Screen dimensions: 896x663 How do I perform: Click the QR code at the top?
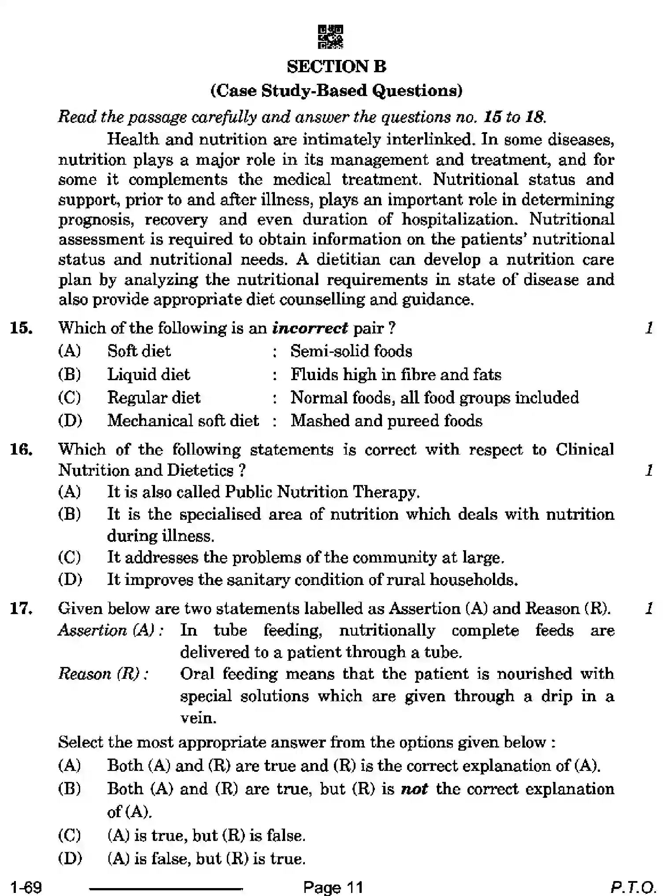point(330,37)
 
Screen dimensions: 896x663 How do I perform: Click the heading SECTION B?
point(337,67)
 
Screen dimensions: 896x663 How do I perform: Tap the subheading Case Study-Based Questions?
point(337,91)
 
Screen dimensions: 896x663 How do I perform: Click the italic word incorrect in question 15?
point(310,328)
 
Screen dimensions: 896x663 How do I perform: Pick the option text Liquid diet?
point(148,374)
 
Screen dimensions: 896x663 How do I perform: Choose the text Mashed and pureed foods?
point(386,421)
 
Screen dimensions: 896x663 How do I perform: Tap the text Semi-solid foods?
point(351,351)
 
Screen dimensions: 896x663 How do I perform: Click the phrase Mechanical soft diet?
point(183,421)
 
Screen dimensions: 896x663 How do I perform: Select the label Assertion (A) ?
point(111,631)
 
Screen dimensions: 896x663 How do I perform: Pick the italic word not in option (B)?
point(414,789)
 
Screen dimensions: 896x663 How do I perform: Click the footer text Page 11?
point(333,887)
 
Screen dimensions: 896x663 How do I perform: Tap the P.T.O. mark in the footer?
point(633,887)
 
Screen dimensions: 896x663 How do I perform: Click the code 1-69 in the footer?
point(26,887)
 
